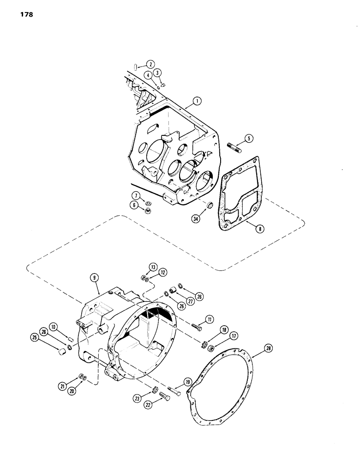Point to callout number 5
[x=249, y=138]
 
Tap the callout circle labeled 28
[x=268, y=347]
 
